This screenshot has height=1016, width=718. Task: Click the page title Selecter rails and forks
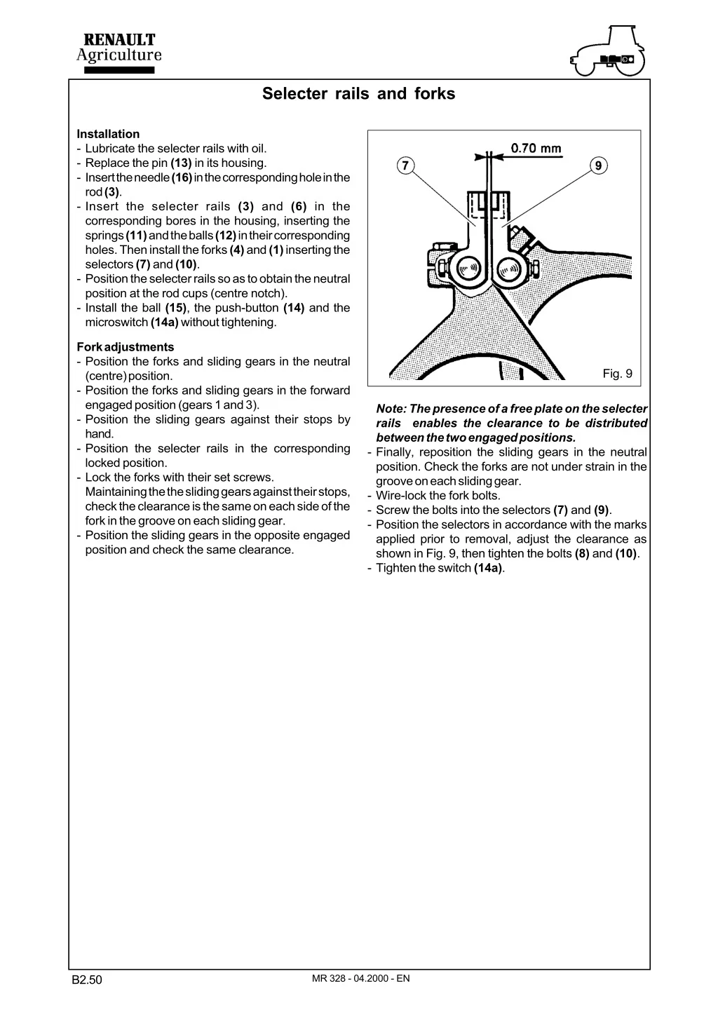(x=358, y=94)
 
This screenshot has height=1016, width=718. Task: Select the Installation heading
(x=108, y=134)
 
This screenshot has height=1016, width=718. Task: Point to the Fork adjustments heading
(x=126, y=347)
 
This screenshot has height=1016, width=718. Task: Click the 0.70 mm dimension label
(x=536, y=148)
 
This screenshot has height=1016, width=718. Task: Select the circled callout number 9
(x=597, y=166)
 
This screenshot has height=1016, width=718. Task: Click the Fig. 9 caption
(x=617, y=374)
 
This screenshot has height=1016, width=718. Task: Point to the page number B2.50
(x=88, y=980)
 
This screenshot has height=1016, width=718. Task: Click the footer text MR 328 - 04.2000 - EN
(x=360, y=978)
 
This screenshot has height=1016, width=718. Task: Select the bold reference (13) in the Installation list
(x=182, y=163)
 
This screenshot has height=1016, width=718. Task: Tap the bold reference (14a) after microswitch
(x=164, y=323)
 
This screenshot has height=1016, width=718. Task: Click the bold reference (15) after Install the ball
(x=176, y=308)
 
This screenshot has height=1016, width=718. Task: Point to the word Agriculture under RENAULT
(x=118, y=55)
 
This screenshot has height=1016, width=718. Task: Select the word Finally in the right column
(x=393, y=452)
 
